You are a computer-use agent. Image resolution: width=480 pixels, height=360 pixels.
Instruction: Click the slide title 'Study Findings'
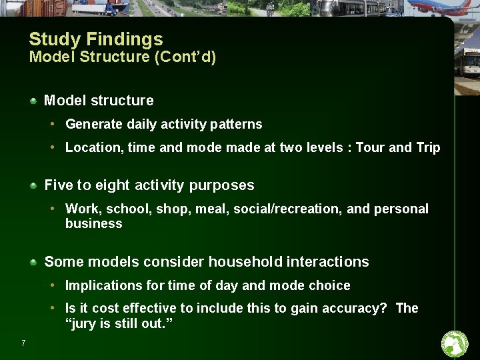coord(96,39)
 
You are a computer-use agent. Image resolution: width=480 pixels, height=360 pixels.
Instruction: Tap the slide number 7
coord(23,343)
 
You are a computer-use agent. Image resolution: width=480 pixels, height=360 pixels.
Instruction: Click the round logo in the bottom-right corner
coord(455,344)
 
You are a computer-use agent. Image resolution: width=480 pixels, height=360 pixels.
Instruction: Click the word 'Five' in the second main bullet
coord(57,185)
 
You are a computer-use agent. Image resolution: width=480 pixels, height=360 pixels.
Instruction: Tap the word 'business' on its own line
coord(94,224)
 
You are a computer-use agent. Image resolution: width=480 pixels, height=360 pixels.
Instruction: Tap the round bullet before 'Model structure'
coord(33,101)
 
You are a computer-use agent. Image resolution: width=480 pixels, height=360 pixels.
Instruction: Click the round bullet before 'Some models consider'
coord(33,262)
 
